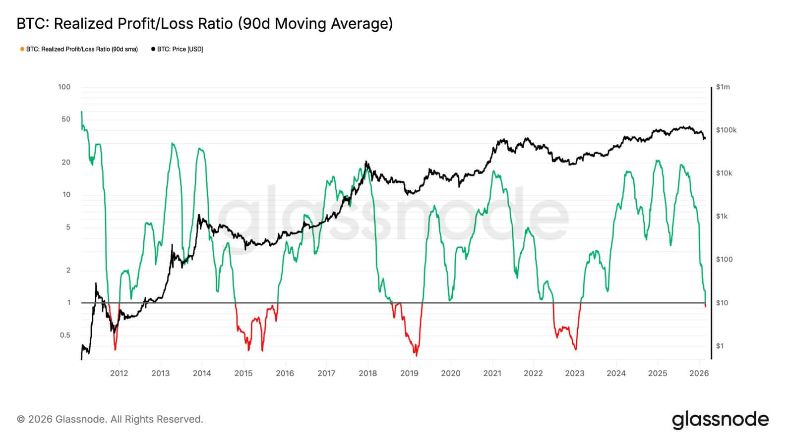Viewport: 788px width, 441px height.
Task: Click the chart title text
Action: coord(204,24)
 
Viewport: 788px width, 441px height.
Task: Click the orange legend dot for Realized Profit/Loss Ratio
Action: coord(22,49)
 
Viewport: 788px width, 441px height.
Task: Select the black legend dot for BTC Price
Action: coord(153,49)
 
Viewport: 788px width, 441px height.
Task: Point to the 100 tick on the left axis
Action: coord(64,87)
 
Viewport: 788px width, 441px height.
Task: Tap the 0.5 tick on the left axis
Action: coord(65,335)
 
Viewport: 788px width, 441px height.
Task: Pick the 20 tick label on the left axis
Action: coord(66,163)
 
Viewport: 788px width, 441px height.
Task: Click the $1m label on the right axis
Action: coord(723,87)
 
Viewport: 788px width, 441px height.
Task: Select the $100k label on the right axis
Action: coord(726,130)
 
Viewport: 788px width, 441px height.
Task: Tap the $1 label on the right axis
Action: coord(720,346)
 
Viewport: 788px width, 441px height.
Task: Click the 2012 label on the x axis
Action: coord(119,374)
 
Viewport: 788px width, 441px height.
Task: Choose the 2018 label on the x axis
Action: coord(367,374)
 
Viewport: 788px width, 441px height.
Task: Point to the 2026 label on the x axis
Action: coord(699,374)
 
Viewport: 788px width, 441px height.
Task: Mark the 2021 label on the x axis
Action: coord(492,374)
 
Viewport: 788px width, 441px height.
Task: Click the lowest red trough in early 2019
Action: coord(416,355)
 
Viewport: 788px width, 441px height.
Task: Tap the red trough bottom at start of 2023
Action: coord(575,349)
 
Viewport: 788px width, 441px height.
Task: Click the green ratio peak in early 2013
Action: coord(172,144)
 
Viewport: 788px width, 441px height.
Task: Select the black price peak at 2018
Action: coord(366,162)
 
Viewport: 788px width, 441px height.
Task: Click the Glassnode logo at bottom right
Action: coord(720,419)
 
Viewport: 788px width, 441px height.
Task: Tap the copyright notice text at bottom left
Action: coord(110,420)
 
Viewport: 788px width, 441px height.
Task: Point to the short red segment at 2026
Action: coord(705,305)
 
